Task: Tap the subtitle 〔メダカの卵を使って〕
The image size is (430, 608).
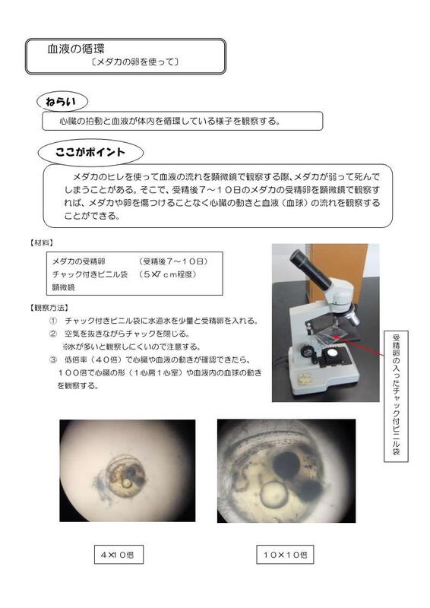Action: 134,62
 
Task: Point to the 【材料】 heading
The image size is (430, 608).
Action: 41,242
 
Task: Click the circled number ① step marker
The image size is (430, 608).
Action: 52,321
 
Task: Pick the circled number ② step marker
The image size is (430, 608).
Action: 52,333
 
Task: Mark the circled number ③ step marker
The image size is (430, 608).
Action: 52,356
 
